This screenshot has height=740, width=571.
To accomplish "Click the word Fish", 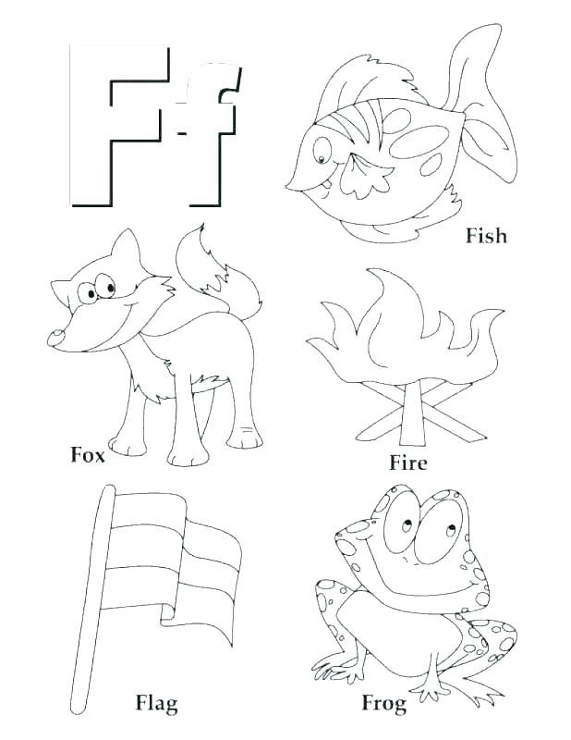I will tap(486, 236).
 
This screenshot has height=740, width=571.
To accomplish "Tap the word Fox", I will tap(88, 454).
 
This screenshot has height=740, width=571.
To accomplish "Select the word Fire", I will tap(407, 462).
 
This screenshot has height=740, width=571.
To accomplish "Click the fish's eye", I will tap(322, 148).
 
